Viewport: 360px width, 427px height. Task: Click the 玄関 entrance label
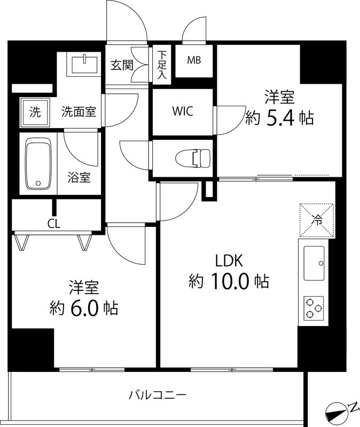[x=121, y=65]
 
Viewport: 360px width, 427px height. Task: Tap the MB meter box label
[x=194, y=60]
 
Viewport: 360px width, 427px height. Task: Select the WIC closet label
[x=182, y=112]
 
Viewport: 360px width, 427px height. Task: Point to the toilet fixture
[x=193, y=157]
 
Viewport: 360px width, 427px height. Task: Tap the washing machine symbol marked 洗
[x=34, y=112]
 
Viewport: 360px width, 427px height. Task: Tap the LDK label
[x=229, y=261]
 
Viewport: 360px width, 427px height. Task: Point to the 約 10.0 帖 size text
[x=229, y=281]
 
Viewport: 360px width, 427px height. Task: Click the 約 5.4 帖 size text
[x=279, y=117]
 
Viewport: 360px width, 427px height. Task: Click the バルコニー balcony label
[x=158, y=396]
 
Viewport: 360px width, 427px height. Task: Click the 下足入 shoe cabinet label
[x=162, y=65]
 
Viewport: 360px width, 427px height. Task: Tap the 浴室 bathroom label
[x=79, y=177]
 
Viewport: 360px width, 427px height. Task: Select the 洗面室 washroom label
[x=79, y=112]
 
